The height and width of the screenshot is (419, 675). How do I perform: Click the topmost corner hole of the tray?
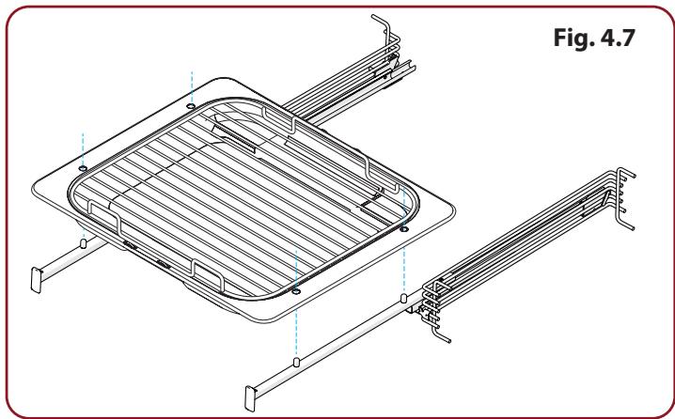click(x=191, y=105)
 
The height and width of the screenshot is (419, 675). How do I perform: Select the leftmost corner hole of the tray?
click(x=83, y=168)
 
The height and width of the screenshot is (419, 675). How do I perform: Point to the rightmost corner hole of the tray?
click(x=404, y=229)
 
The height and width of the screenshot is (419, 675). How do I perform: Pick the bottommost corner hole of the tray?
click(x=296, y=292)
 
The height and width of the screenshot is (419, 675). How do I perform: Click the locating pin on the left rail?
click(x=84, y=243)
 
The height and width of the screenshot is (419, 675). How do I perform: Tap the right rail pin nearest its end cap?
click(x=296, y=362)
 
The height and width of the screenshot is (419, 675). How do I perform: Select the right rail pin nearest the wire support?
click(x=404, y=298)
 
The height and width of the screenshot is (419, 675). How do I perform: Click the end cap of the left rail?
click(x=36, y=280)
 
